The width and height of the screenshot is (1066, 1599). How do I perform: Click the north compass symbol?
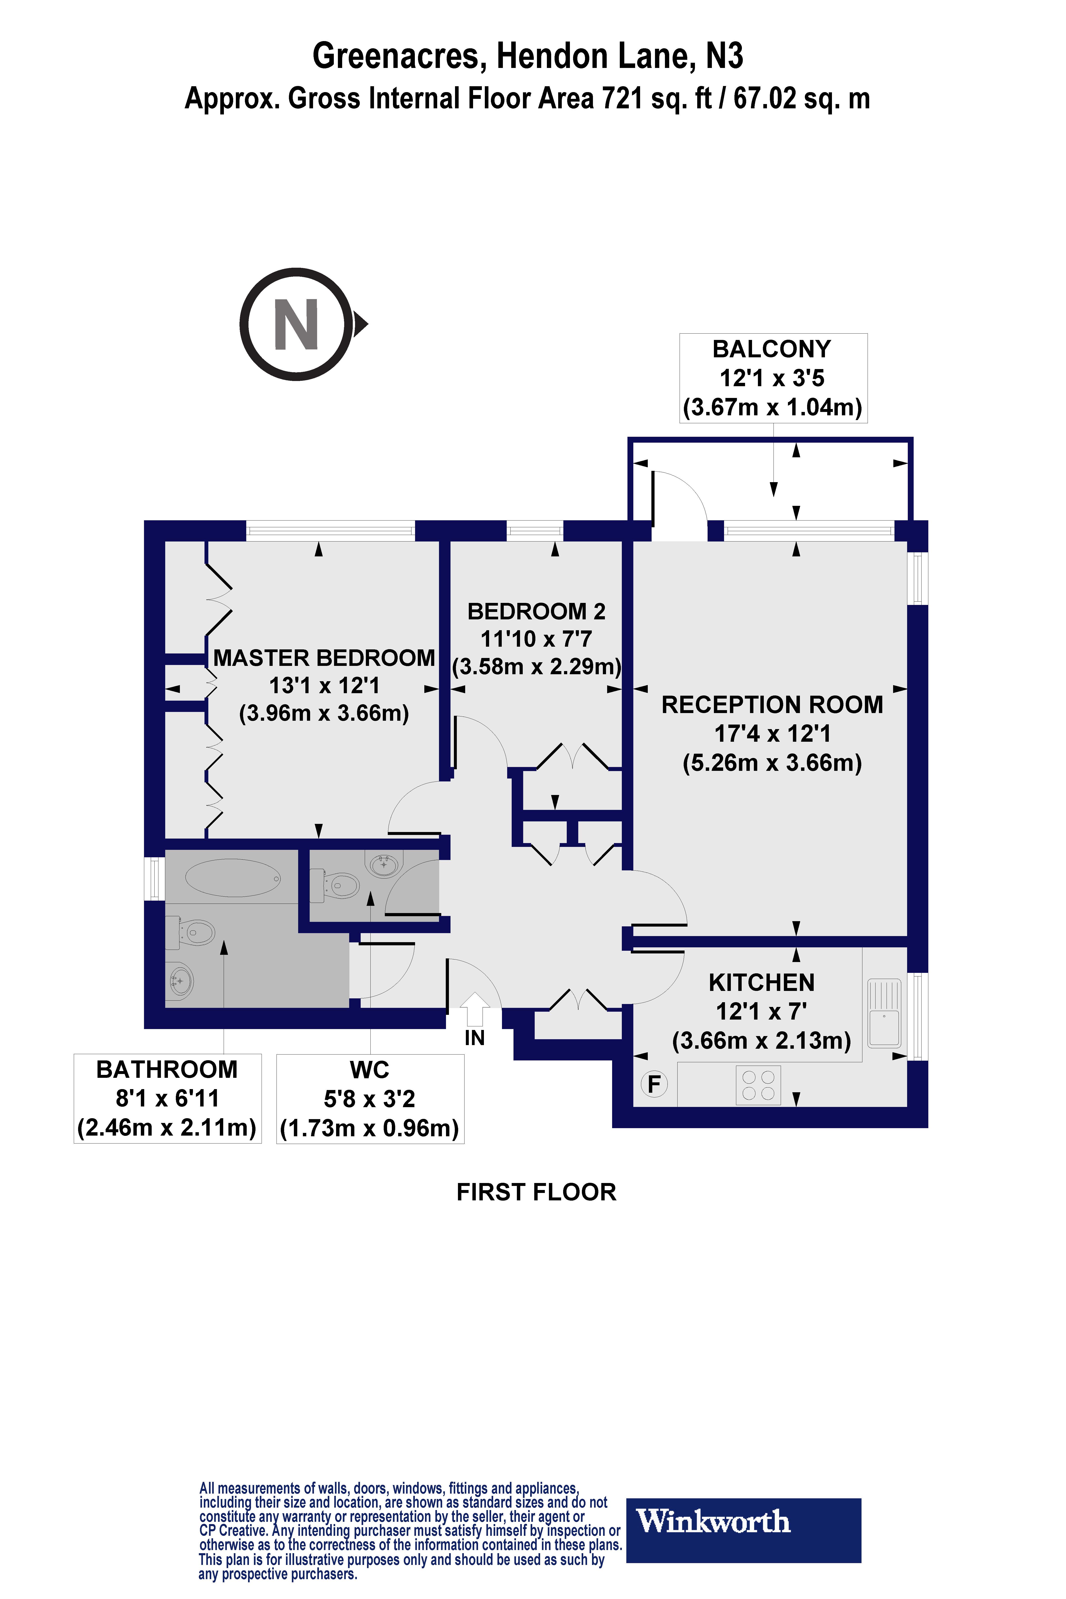click(297, 324)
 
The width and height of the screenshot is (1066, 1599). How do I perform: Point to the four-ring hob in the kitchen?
click(758, 1085)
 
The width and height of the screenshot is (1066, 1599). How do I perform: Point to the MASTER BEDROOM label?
click(324, 658)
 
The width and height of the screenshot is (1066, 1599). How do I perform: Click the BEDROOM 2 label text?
click(536, 612)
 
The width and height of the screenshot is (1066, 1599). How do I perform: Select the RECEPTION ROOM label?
click(772, 705)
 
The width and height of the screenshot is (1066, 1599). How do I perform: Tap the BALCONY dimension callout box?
click(773, 378)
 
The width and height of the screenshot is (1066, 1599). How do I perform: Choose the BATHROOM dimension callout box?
click(167, 1098)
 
